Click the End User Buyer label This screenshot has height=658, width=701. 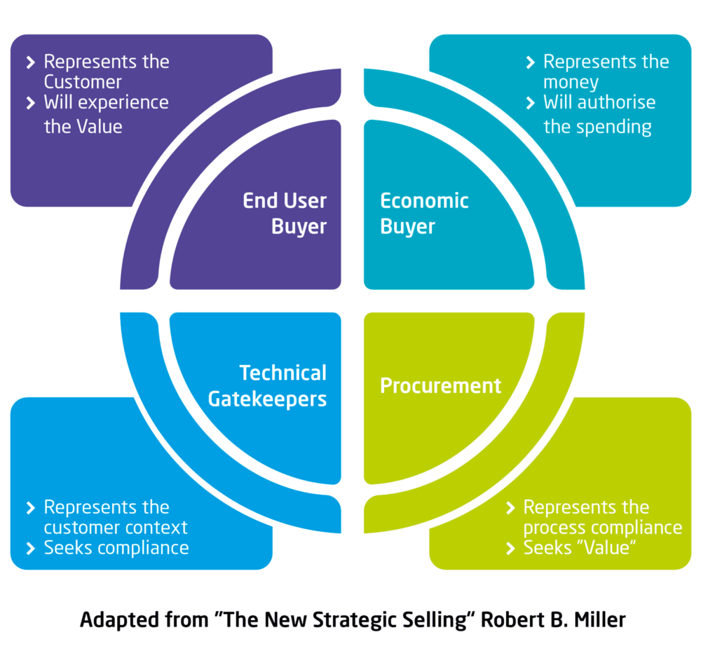click(x=285, y=214)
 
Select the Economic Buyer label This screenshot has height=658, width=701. click(x=423, y=214)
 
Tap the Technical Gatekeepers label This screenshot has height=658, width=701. click(x=283, y=385)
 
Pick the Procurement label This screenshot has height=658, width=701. click(x=440, y=385)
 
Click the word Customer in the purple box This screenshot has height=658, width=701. click(x=83, y=82)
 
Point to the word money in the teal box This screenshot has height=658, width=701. click(x=571, y=82)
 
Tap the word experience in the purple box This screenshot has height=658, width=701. click(x=123, y=102)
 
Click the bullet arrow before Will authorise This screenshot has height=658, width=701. click(x=531, y=103)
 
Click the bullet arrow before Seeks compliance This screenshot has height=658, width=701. click(x=31, y=548)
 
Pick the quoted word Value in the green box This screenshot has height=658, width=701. click(x=608, y=548)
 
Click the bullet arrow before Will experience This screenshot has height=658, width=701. click(x=31, y=103)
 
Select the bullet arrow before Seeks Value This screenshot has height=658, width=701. click(x=510, y=548)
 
